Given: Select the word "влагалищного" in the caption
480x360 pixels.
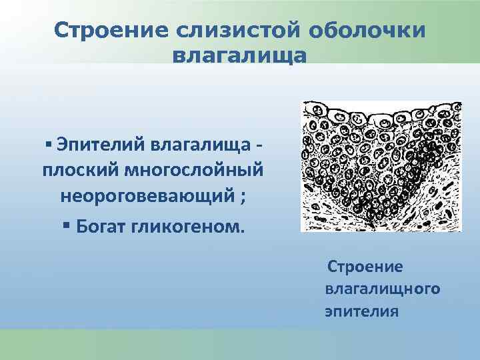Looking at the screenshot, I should (x=382, y=289).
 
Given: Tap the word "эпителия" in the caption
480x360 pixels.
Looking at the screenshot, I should (x=361, y=311).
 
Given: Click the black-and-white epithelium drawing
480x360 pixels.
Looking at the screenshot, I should (x=381, y=166).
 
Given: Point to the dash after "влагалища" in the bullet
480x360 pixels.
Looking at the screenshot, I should (x=259, y=145).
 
